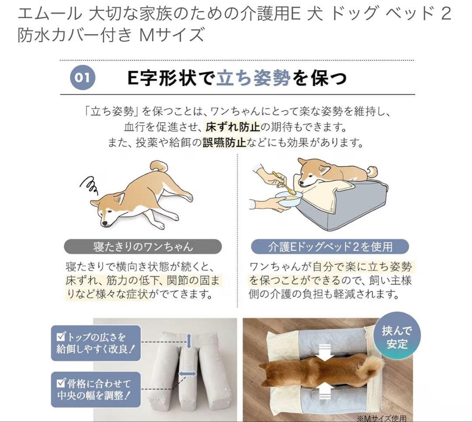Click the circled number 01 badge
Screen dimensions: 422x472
82,78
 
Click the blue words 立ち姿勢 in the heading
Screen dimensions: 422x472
253,78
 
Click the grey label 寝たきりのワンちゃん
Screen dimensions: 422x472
142,246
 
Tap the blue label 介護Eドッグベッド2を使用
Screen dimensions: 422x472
330,246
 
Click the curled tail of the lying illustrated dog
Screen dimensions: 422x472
159,166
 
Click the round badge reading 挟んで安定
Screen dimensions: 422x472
396,336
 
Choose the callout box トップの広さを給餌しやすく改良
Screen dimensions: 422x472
96,343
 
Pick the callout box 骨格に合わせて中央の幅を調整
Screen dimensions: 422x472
96,389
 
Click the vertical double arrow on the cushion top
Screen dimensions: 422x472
189,341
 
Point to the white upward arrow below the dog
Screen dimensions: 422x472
325,391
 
